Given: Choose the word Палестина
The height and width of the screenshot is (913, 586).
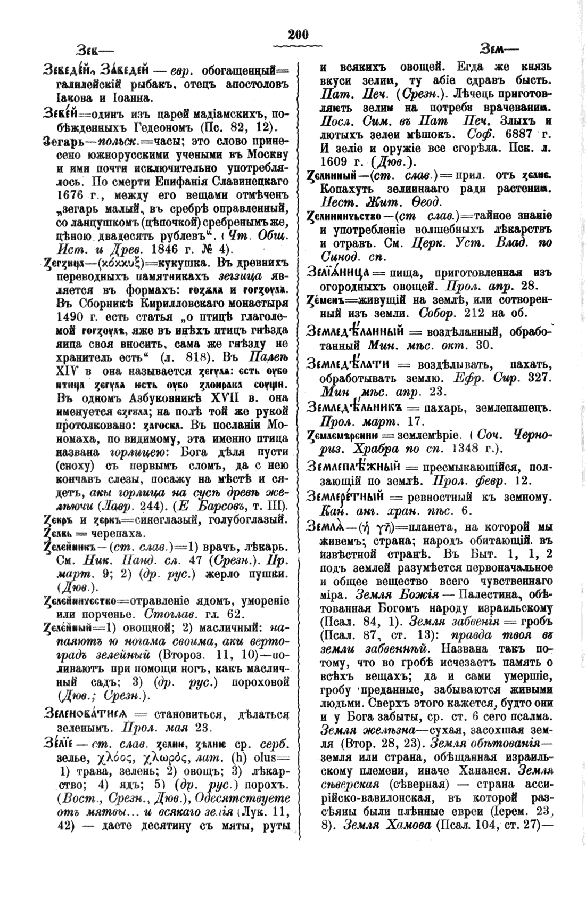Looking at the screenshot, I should point(483,607).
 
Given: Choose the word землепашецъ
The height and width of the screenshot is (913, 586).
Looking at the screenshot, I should point(511,407).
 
